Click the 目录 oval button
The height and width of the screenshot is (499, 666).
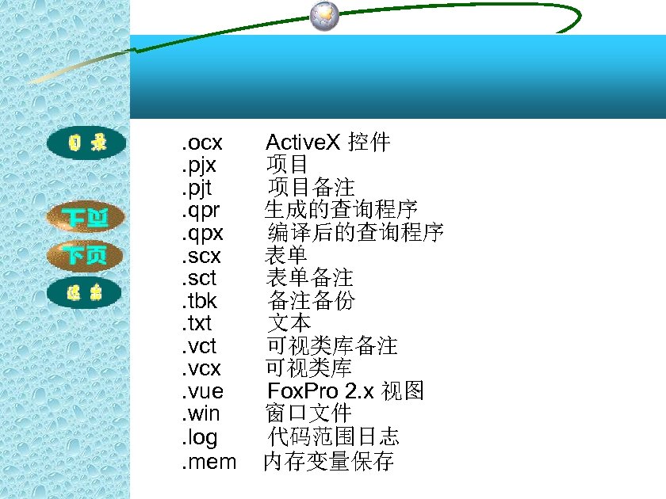point(86,143)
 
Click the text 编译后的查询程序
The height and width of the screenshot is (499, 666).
point(355,233)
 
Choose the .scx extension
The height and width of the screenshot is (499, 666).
point(201,256)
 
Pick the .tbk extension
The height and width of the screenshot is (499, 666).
point(199,301)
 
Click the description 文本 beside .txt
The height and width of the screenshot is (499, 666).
point(289,323)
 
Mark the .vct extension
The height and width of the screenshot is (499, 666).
point(199,346)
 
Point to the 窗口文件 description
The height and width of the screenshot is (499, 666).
point(308,413)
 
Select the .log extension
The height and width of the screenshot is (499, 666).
point(199,436)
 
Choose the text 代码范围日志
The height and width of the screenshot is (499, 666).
point(333,436)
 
